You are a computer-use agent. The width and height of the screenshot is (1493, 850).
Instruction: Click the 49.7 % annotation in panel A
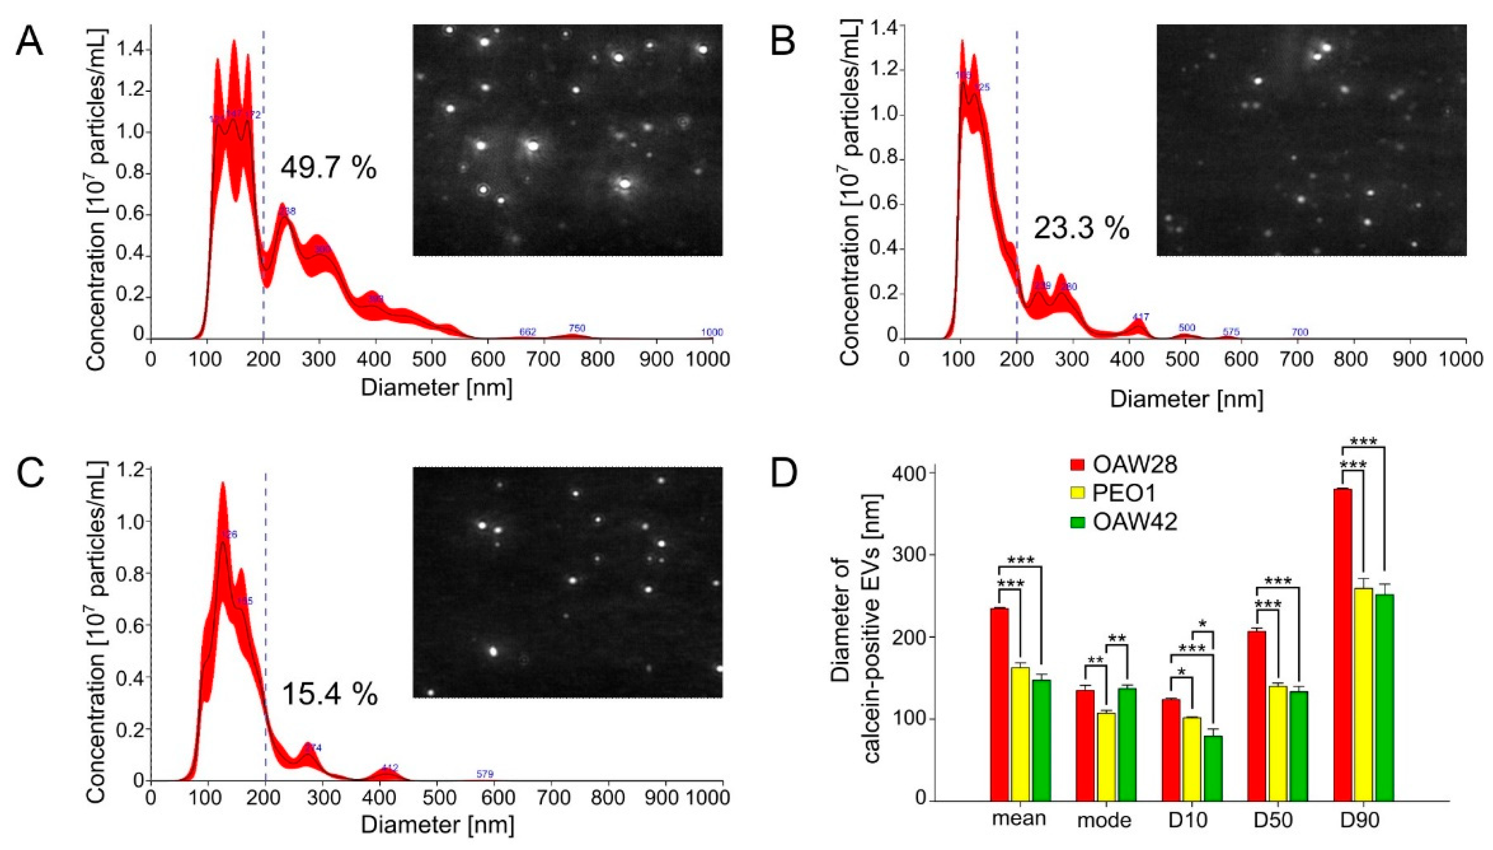point(328,169)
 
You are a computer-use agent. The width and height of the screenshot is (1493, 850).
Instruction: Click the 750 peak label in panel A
point(577,328)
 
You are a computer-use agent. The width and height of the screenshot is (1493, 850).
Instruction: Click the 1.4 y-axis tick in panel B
point(880,26)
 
